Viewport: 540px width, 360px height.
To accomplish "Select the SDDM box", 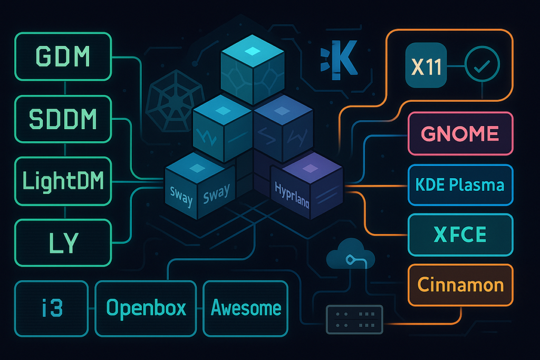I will click(63, 119).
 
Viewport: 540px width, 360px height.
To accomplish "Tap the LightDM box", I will click(63, 181).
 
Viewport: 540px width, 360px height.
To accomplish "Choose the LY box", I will click(63, 243).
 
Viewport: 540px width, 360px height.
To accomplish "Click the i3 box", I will click(52, 308).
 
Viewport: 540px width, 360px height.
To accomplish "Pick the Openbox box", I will click(146, 308).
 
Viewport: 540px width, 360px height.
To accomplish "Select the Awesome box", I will click(246, 308).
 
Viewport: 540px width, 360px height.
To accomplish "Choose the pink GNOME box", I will click(460, 133).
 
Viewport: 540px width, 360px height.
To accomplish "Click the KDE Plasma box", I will click(460, 185).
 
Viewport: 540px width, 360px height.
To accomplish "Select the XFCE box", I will click(460, 235).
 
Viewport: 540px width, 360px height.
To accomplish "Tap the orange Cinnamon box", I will click(460, 285).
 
